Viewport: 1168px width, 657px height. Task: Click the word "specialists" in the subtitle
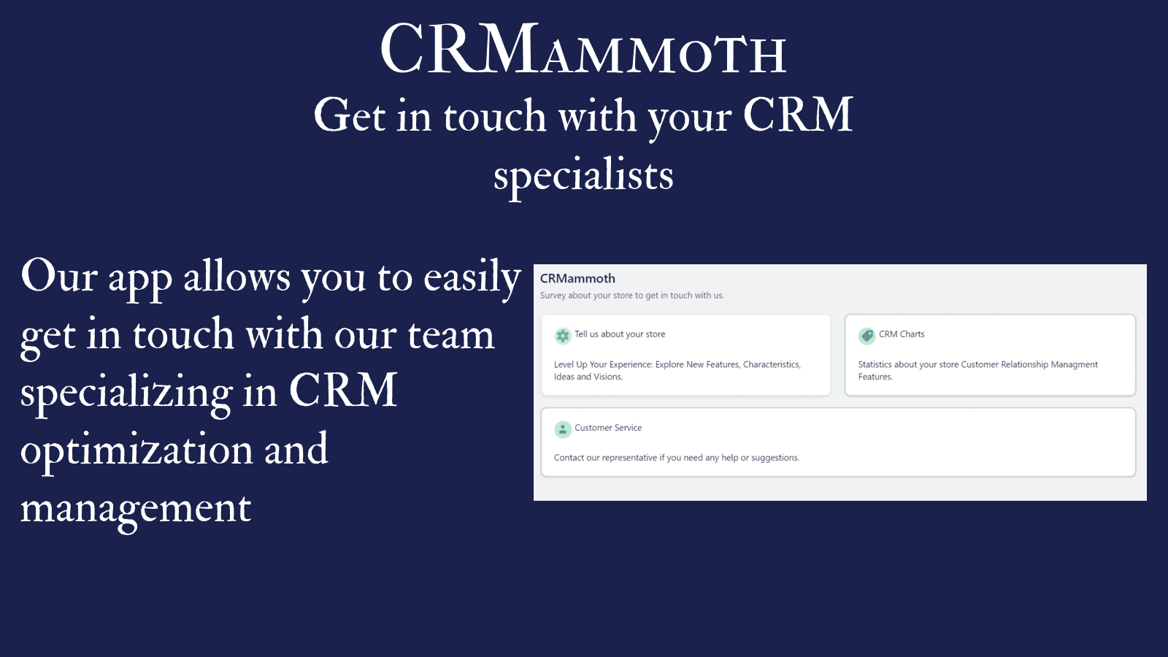pyautogui.click(x=583, y=175)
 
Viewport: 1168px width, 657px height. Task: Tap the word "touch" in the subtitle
pyautogui.click(x=494, y=117)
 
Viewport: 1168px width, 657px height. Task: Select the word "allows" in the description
pyautogui.click(x=237, y=277)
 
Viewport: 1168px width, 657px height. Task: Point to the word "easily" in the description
pyautogui.click(x=472, y=277)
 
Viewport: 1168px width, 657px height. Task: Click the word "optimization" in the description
pyautogui.click(x=137, y=450)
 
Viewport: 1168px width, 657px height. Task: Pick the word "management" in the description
pyautogui.click(x=136, y=508)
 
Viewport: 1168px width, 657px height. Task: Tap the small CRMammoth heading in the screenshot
pyautogui.click(x=577, y=278)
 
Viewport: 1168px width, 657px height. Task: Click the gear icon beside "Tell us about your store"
pyautogui.click(x=562, y=336)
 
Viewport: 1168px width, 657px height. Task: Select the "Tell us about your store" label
pyautogui.click(x=620, y=334)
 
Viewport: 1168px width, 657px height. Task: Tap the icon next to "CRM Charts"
pyautogui.click(x=867, y=336)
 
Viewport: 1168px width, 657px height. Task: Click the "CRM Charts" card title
pyautogui.click(x=902, y=334)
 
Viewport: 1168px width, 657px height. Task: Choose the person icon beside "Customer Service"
pyautogui.click(x=562, y=429)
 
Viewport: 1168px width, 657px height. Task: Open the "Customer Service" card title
pyautogui.click(x=608, y=428)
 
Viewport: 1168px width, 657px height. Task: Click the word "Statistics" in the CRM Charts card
pyautogui.click(x=875, y=364)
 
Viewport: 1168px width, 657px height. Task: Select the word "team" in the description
pyautogui.click(x=450, y=335)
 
